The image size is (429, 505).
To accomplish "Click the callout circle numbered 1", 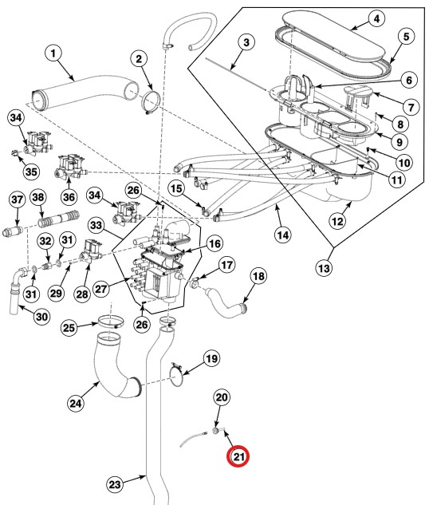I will (x=53, y=54).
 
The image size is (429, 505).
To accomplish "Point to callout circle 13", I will (x=324, y=269).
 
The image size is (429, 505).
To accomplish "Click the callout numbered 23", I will (x=116, y=483).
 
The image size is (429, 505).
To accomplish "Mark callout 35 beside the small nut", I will (x=30, y=171).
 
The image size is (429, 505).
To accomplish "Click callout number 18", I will (x=258, y=276).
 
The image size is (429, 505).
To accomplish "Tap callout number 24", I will (x=75, y=403).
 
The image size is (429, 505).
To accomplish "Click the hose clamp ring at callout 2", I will (x=151, y=102).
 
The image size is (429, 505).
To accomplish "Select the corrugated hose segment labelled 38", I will (x=60, y=218).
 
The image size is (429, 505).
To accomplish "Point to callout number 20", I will (x=222, y=397).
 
